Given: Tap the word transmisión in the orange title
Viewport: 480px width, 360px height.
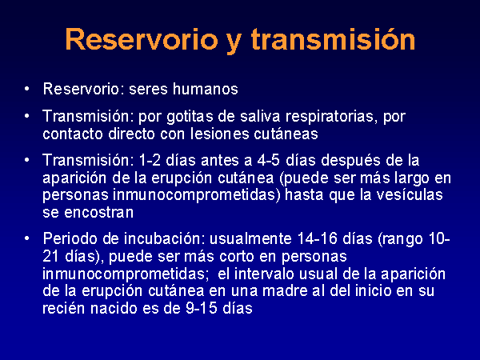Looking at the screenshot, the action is [333, 39].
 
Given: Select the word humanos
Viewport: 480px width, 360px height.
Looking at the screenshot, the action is [206, 89].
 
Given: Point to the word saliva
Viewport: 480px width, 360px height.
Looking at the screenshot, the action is [260, 116].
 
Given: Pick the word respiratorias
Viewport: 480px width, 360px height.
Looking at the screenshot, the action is [331, 117].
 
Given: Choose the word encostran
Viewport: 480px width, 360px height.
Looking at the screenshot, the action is [99, 212].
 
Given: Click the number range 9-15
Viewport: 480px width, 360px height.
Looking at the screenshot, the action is [202, 308].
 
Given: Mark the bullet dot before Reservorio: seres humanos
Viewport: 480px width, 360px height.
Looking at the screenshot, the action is [27, 89].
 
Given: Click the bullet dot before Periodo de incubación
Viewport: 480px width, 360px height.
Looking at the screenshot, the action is [27, 238].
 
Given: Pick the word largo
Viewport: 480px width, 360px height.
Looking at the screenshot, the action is [411, 178].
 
